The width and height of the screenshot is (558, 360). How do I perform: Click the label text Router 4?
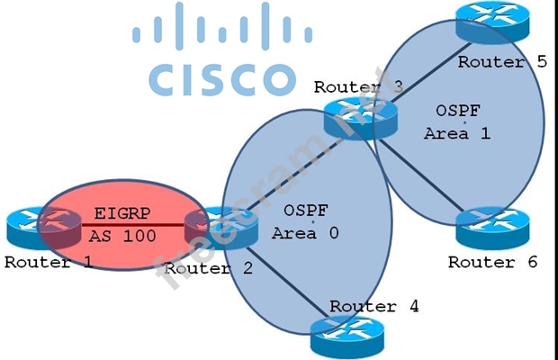(373, 306)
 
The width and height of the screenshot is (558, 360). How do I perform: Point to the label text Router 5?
(502, 62)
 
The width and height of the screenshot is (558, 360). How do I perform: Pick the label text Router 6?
(493, 263)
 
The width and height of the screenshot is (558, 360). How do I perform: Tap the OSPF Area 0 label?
(307, 221)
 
